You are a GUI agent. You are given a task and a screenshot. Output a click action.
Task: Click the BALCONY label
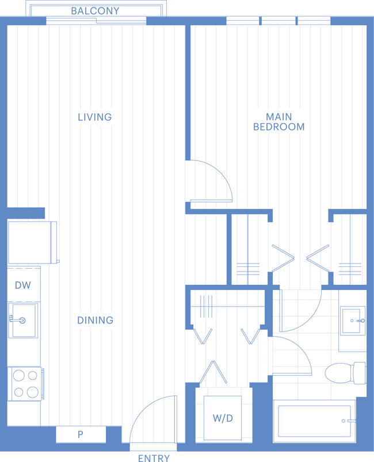click(x=95, y=11)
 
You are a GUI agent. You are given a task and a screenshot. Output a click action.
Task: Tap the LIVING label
click(x=95, y=117)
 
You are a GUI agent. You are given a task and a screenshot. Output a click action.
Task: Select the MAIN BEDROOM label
click(x=279, y=122)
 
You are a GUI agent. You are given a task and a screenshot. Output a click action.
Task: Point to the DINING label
click(x=95, y=320)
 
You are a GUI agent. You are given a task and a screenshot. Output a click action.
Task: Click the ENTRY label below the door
click(x=154, y=458)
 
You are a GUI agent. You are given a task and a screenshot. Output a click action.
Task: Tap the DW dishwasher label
click(x=22, y=285)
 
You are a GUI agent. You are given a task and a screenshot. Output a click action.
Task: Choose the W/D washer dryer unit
click(x=223, y=418)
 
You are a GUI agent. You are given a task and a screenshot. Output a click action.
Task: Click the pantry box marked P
click(x=81, y=434)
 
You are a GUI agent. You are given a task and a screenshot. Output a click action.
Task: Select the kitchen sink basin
click(x=23, y=320)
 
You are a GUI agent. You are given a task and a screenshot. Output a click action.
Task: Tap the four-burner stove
click(x=25, y=384)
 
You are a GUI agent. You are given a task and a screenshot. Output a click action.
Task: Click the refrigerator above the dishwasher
click(x=32, y=242)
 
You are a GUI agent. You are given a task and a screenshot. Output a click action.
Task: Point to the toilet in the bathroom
click(x=345, y=373)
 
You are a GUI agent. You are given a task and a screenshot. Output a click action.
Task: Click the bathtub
click(x=315, y=421)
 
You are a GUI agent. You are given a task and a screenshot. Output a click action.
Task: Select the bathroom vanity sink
click(x=353, y=320)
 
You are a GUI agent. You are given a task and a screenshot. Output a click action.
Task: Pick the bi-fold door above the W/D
click(x=213, y=372)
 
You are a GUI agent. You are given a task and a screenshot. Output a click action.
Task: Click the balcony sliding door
click(x=96, y=21)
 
